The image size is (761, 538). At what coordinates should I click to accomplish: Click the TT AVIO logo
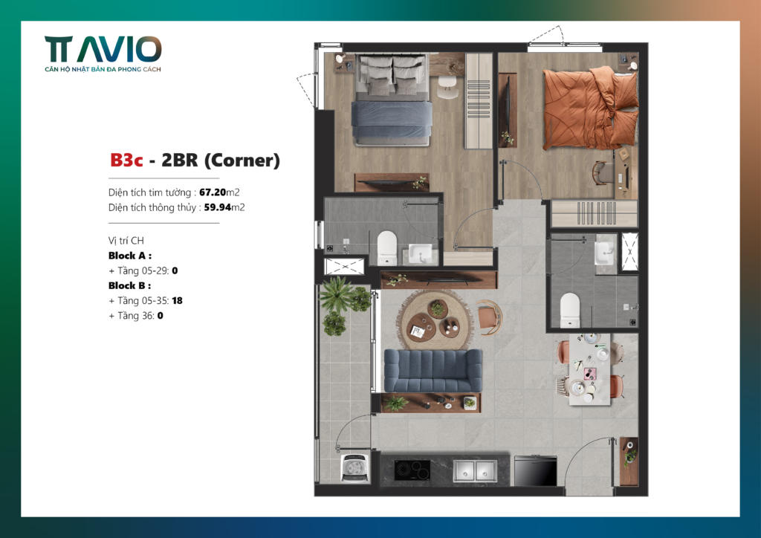103,54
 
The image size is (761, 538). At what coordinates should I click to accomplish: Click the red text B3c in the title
126,160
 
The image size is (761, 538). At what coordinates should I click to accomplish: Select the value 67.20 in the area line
213,192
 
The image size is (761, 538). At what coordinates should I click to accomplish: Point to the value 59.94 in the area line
218,207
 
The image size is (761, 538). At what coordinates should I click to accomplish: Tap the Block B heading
129,285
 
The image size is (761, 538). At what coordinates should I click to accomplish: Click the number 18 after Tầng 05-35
177,300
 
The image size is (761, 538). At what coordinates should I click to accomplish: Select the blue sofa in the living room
433,370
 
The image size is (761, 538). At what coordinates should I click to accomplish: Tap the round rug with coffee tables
435,321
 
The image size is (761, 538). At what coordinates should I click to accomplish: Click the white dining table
589,369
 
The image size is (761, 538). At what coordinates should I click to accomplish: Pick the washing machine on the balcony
355,468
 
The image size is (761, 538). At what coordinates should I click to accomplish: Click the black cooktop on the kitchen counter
412,470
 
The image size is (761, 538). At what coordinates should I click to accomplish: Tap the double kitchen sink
475,470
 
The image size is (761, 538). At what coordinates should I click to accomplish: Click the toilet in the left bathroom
386,247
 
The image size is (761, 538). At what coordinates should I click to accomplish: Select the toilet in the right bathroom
570,310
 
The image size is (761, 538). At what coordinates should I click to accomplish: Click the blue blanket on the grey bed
392,119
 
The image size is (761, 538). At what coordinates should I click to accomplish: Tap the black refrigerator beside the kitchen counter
536,470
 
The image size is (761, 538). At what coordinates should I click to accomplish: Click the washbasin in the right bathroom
605,252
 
